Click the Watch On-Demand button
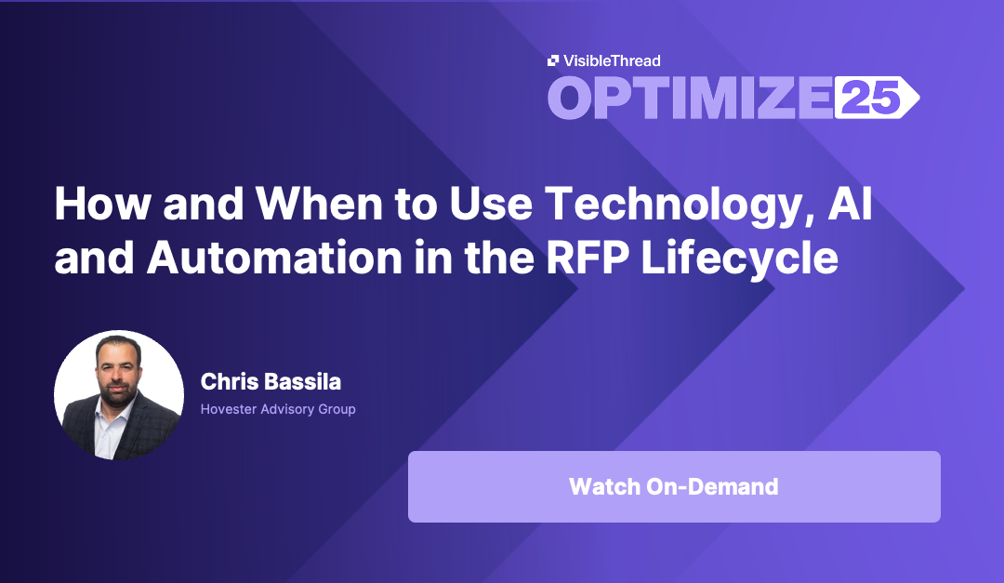click(x=674, y=486)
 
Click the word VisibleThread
click(x=611, y=61)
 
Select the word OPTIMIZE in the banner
click(x=689, y=98)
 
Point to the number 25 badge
click(x=874, y=98)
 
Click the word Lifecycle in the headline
click(x=738, y=259)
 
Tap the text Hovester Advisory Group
click(x=278, y=409)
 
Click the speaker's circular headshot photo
click(x=119, y=395)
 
